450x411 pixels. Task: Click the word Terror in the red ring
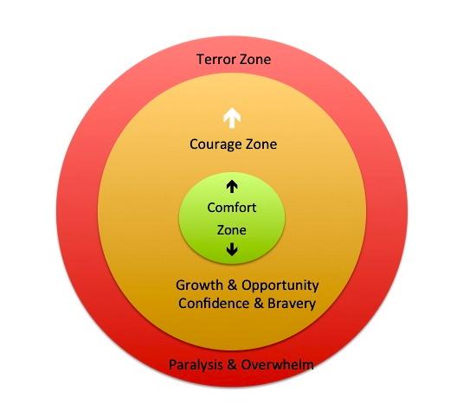[216, 60]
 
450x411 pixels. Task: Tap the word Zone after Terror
[256, 60]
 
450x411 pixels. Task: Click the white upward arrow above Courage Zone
[232, 118]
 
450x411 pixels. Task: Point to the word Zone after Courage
[261, 144]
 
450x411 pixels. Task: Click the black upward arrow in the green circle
[232, 186]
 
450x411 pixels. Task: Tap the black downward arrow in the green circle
[232, 249]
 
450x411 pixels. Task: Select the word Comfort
[232, 208]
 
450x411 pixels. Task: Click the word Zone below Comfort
[232, 230]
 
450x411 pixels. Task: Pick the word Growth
[199, 286]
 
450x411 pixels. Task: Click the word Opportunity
[280, 286]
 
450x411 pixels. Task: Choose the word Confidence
[214, 304]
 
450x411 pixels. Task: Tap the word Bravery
[292, 304]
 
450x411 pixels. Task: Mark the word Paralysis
[196, 365]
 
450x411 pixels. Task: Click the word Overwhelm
[277, 365]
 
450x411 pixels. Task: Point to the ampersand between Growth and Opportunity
[232, 286]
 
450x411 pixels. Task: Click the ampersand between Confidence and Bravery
[259, 304]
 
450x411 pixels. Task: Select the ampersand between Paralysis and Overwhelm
[232, 365]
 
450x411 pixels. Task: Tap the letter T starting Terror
[201, 60]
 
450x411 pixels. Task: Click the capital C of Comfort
[211, 208]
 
